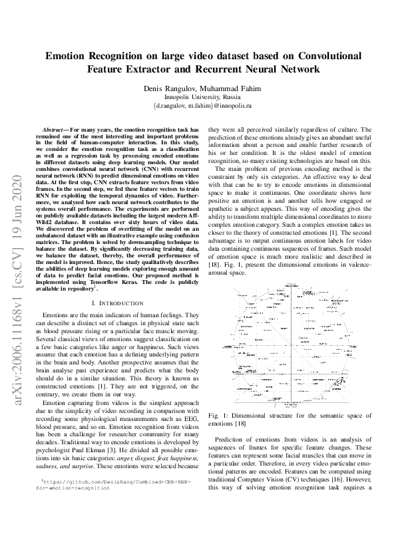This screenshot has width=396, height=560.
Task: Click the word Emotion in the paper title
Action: point(70,57)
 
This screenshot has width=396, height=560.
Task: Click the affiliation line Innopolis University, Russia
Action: point(198,97)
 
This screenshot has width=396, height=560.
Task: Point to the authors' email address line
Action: point(198,105)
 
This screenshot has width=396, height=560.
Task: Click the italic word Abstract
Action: point(53,130)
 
